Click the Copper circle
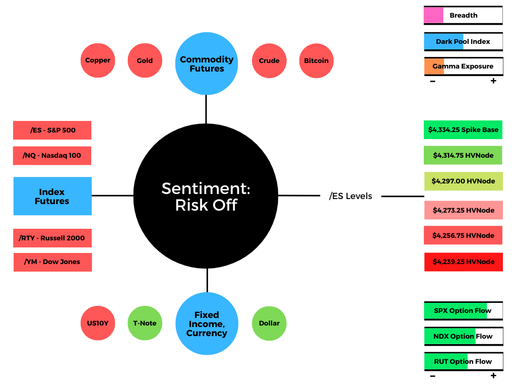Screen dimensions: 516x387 click(x=98, y=60)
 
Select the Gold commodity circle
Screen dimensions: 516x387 click(x=145, y=60)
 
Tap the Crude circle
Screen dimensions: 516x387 click(x=269, y=60)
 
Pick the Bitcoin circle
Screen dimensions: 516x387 click(x=316, y=60)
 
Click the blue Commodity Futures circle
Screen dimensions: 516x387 click(x=207, y=63)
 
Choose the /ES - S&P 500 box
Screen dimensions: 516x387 click(x=52, y=131)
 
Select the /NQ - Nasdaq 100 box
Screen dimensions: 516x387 click(x=52, y=156)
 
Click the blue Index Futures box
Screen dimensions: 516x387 click(x=52, y=196)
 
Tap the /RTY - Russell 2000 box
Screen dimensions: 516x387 click(x=52, y=238)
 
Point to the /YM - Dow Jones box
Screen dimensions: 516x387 click(x=52, y=262)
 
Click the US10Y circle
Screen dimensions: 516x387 click(x=98, y=323)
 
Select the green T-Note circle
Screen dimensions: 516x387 click(x=145, y=323)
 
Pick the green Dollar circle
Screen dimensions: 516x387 click(x=269, y=324)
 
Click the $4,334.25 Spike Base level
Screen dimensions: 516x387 click(x=463, y=130)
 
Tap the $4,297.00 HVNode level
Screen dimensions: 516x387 click(x=464, y=181)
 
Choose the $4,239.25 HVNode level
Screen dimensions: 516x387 click(x=464, y=262)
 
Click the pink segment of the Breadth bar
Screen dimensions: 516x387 click(x=434, y=15)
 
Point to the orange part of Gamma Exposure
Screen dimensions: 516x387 click(x=434, y=66)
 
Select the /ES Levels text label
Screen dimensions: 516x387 click(x=351, y=196)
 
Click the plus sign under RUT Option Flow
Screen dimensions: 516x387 click(x=493, y=375)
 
